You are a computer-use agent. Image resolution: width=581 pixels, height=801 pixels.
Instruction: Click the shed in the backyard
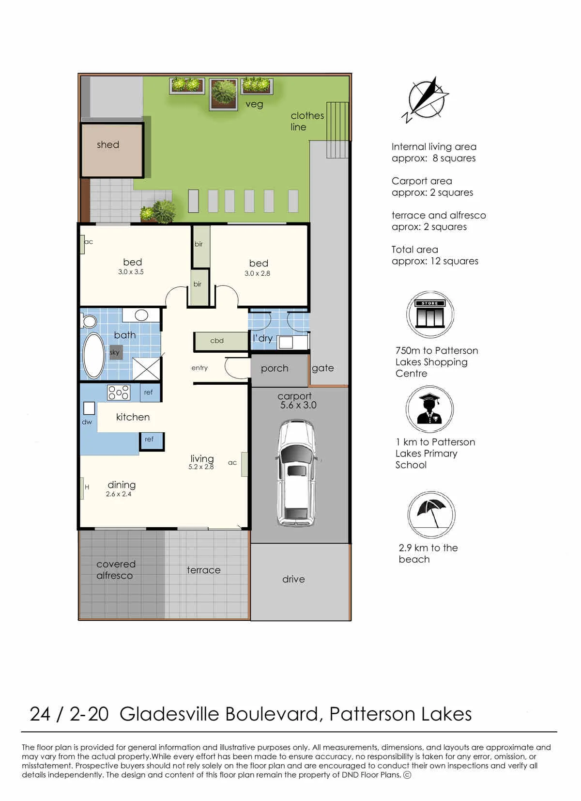point(112,150)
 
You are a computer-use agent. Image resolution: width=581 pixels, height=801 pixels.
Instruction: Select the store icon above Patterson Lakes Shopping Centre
point(430,314)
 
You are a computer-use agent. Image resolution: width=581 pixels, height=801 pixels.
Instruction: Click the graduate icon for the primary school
point(429,409)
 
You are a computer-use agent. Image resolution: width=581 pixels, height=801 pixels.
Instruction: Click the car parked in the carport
point(296,473)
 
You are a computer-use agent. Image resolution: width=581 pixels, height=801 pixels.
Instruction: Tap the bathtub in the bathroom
point(93,356)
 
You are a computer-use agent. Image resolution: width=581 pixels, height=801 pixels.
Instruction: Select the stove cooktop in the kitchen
point(119,393)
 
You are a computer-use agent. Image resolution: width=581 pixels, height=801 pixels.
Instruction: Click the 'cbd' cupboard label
point(217,341)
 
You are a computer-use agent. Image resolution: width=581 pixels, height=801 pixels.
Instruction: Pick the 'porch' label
point(275,369)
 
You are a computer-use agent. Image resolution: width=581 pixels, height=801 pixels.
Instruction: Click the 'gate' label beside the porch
point(322,368)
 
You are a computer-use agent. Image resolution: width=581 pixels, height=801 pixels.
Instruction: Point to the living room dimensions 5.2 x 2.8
point(201,467)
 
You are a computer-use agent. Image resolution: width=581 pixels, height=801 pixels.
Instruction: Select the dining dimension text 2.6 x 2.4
point(118,494)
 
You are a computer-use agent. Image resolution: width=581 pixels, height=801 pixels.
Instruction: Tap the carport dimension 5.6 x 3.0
point(298,405)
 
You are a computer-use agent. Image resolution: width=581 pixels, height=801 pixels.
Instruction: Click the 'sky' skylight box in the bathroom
point(115,352)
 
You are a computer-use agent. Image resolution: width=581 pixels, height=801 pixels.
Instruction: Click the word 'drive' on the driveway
point(293,579)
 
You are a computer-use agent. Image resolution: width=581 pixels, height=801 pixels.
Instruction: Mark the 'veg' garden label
point(254,104)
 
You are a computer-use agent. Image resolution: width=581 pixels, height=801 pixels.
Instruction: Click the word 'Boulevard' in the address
point(272,714)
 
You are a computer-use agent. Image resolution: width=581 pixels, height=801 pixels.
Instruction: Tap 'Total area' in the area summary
point(414,250)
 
